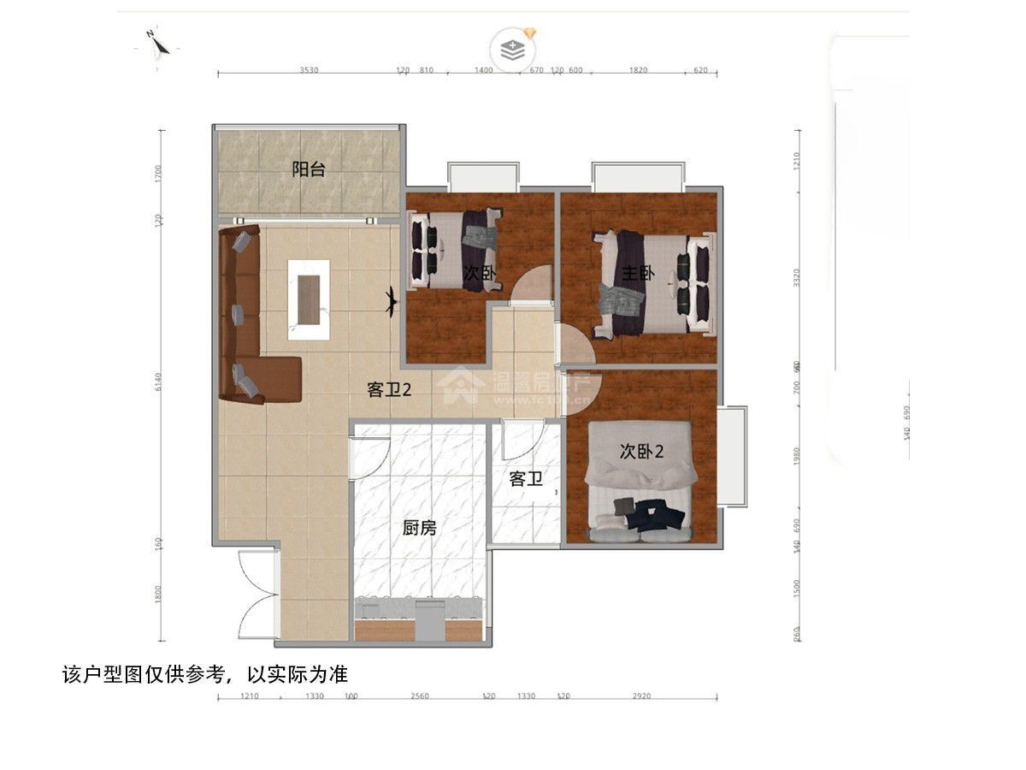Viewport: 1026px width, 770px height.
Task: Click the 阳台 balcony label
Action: [x=309, y=169]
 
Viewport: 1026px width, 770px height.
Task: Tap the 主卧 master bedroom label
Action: [x=638, y=274]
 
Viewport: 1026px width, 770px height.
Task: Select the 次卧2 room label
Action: [x=641, y=452]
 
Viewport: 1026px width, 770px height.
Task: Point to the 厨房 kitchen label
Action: [x=420, y=528]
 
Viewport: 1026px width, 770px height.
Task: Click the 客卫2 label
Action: [x=390, y=390]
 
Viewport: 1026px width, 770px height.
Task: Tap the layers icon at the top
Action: [x=512, y=48]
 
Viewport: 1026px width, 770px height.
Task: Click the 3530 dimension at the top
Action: [x=309, y=70]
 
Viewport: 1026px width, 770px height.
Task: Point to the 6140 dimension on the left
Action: [x=158, y=386]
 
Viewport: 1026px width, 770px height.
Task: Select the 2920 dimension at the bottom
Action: [x=641, y=696]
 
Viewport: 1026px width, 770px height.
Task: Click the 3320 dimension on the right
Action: [x=797, y=278]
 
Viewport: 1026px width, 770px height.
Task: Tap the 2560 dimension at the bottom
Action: [x=419, y=696]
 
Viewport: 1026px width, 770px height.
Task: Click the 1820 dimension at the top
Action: [x=638, y=70]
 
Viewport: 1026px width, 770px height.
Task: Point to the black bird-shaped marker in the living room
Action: [x=391, y=300]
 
